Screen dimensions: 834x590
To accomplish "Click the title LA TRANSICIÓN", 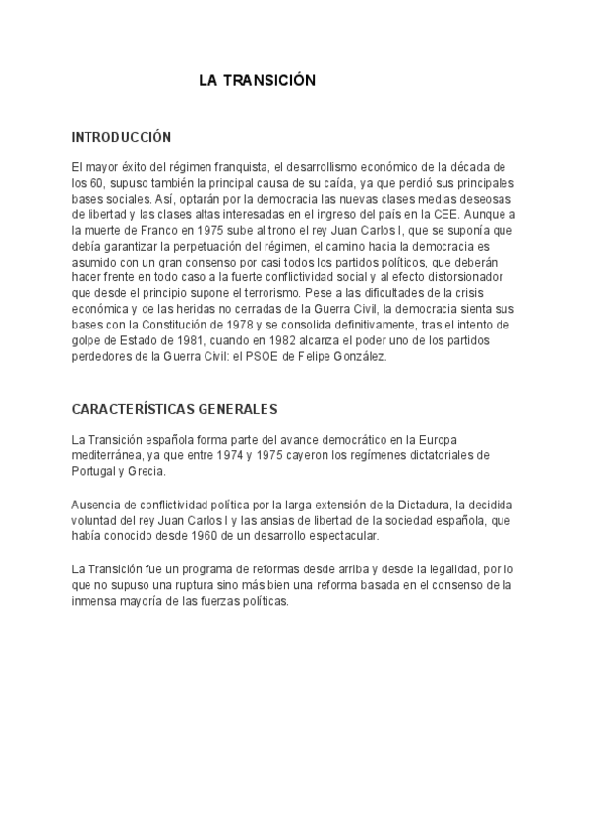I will pyautogui.click(x=257, y=81).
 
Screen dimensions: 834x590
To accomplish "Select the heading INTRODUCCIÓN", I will pyautogui.click(x=122, y=137).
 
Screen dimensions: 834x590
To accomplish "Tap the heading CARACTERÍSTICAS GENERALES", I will pyautogui.click(x=174, y=408).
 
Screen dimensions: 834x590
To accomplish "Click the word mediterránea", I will pyautogui.click(x=106, y=456).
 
